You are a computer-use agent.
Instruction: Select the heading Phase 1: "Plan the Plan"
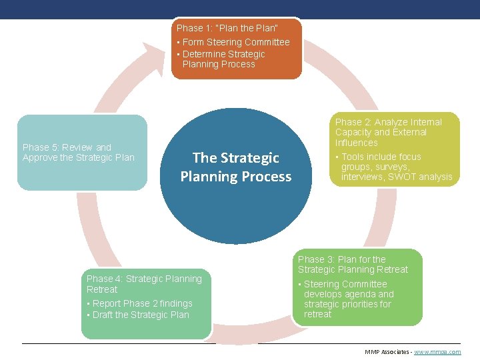[x=227, y=28]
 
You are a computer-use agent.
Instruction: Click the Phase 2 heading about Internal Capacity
[x=388, y=132]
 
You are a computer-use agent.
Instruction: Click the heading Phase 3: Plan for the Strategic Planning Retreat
[x=353, y=264]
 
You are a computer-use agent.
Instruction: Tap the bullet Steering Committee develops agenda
[x=349, y=299]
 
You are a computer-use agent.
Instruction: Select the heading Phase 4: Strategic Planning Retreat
[x=144, y=284]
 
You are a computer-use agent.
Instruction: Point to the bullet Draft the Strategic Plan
[x=141, y=315]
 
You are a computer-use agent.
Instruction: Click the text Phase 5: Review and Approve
[x=79, y=152]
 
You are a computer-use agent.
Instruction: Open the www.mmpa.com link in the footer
[x=437, y=351]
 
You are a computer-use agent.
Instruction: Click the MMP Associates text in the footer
[x=387, y=351]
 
